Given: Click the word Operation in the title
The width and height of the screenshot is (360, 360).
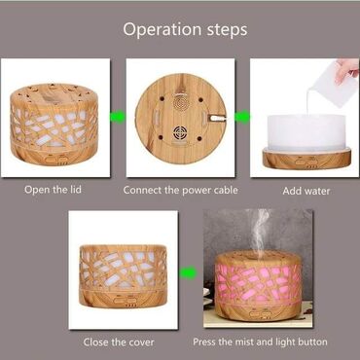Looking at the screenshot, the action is pyautogui.click(x=162, y=29).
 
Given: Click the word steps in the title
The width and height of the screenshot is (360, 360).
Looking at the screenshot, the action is pyautogui.click(x=227, y=29).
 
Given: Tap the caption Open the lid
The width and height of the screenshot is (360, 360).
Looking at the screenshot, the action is pyautogui.click(x=53, y=190).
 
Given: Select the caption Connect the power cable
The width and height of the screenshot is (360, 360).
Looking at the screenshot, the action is pyautogui.click(x=181, y=190).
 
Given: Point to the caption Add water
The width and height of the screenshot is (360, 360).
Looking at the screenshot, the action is pyautogui.click(x=306, y=191).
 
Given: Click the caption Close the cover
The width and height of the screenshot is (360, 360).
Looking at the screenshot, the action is pyautogui.click(x=119, y=342).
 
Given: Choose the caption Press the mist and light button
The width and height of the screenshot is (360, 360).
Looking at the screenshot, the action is pyautogui.click(x=260, y=342).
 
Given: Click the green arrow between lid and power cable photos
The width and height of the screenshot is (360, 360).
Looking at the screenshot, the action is pyautogui.click(x=118, y=117).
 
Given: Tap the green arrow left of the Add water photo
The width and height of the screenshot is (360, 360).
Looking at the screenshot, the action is pyautogui.click(x=242, y=117).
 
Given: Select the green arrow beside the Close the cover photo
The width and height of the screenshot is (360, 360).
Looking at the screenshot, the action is pyautogui.click(x=189, y=272).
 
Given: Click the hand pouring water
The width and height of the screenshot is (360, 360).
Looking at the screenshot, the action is pyautogui.click(x=347, y=70).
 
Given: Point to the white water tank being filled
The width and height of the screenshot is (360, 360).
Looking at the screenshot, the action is pyautogui.click(x=306, y=133).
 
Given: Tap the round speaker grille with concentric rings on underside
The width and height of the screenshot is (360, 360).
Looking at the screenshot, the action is pyautogui.click(x=181, y=103).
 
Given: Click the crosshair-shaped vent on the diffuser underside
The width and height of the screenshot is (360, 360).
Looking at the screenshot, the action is pyautogui.click(x=179, y=132).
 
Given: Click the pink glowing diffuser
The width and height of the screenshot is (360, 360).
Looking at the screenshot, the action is pyautogui.click(x=258, y=285).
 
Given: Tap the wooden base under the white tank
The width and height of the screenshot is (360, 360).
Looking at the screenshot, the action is pyautogui.click(x=306, y=158).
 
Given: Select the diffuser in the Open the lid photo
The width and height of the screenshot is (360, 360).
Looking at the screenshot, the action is pyautogui.click(x=54, y=125).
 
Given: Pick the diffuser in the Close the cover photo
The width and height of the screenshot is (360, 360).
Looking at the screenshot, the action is pyautogui.click(x=124, y=276).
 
